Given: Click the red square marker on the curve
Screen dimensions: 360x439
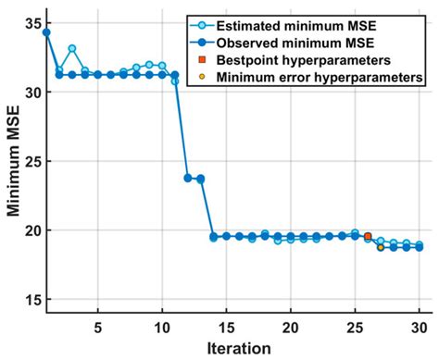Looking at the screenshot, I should pos(368,237).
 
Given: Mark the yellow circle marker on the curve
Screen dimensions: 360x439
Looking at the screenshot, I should pos(381,247).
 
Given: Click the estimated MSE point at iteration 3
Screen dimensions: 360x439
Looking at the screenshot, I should pos(72,48).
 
